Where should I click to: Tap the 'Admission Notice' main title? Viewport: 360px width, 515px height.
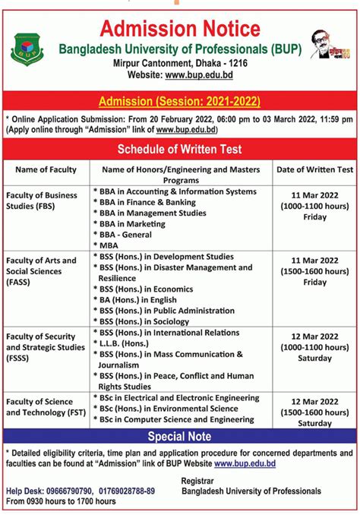pyautogui.click(x=180, y=29)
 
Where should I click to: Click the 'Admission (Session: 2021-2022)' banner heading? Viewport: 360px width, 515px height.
pyautogui.click(x=180, y=100)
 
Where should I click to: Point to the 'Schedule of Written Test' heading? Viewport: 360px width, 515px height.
pyautogui.click(x=180, y=148)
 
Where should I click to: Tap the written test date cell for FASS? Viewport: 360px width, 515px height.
pyautogui.click(x=314, y=270)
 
